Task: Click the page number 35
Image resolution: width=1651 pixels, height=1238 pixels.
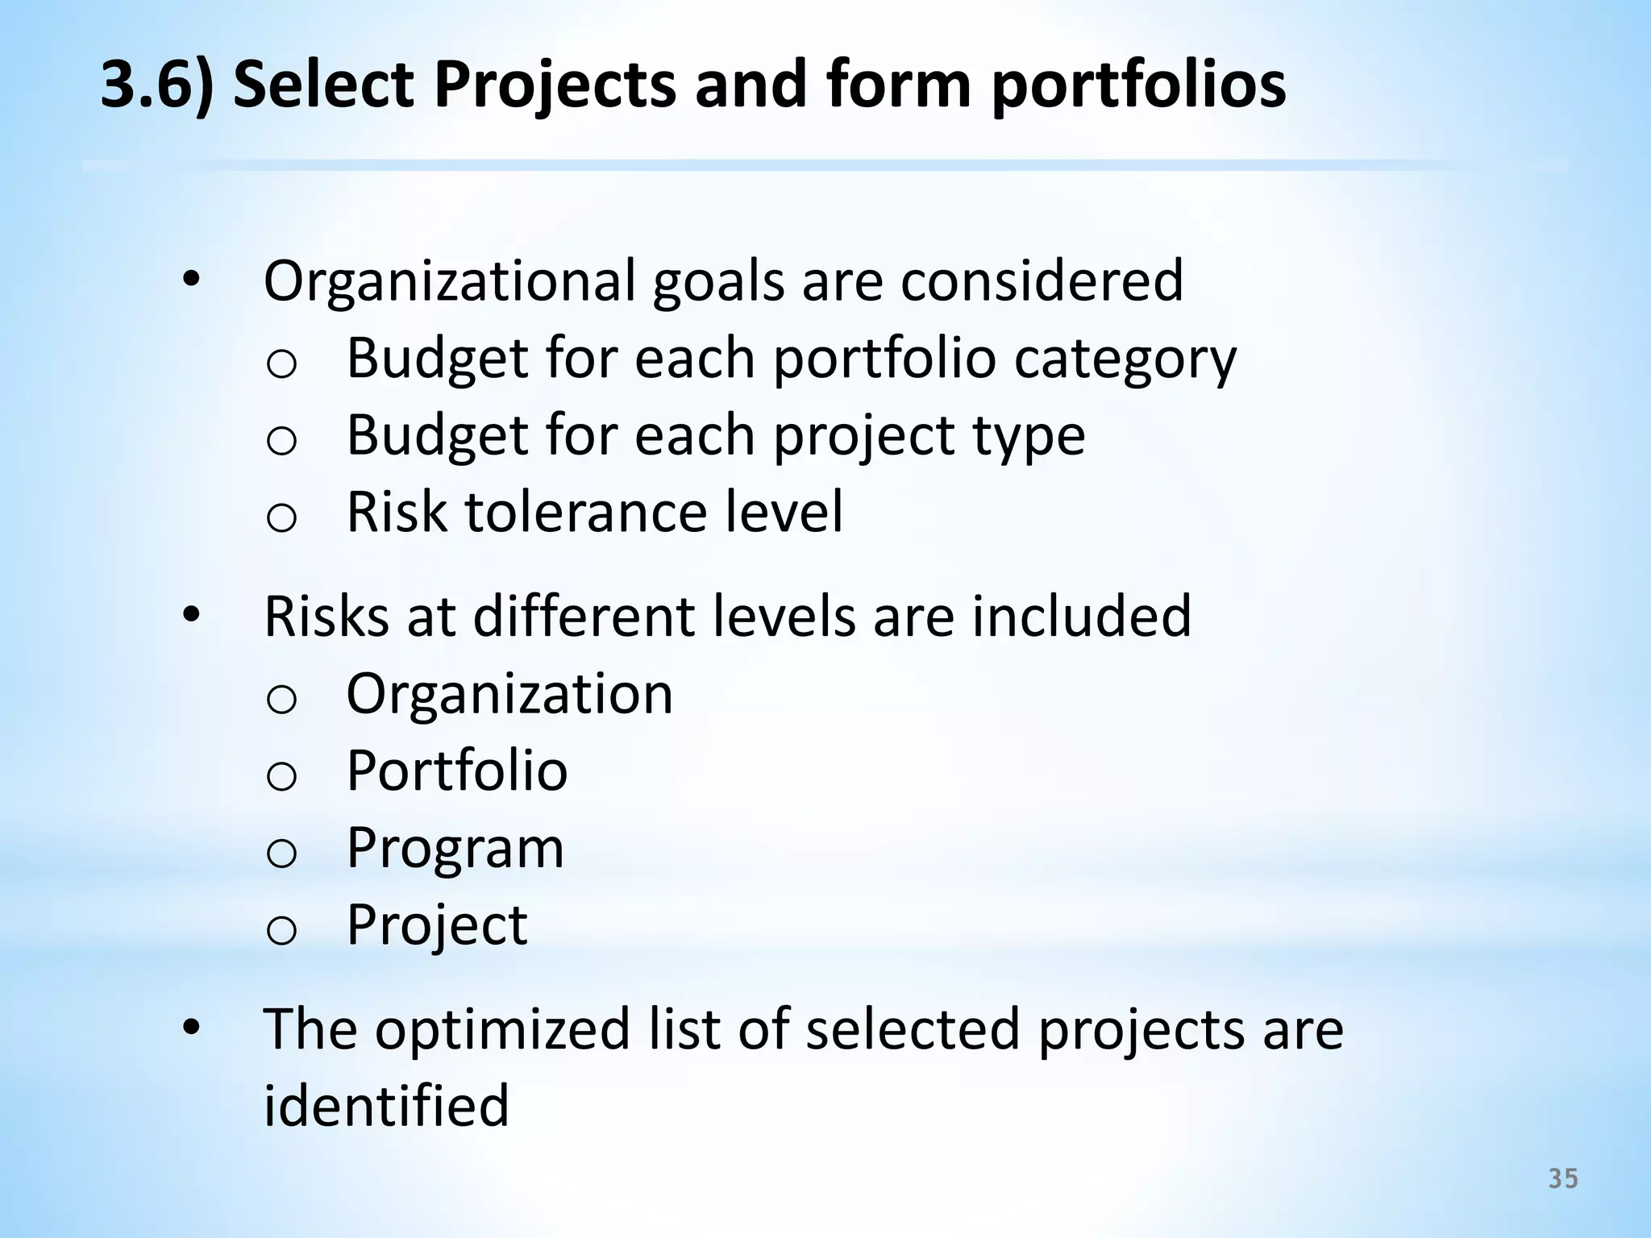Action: pos(1563,1179)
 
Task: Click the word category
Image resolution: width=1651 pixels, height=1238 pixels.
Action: pos(1125,359)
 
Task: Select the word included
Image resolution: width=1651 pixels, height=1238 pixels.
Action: pos(1081,617)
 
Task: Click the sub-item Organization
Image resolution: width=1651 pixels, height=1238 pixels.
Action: pos(509,694)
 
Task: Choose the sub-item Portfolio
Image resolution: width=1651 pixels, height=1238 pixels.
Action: pos(457,771)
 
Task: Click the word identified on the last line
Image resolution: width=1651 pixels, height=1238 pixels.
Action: pos(386,1105)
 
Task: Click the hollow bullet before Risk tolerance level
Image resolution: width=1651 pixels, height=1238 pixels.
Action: pos(281,517)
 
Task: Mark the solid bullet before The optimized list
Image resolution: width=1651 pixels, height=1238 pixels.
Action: pos(191,1028)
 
